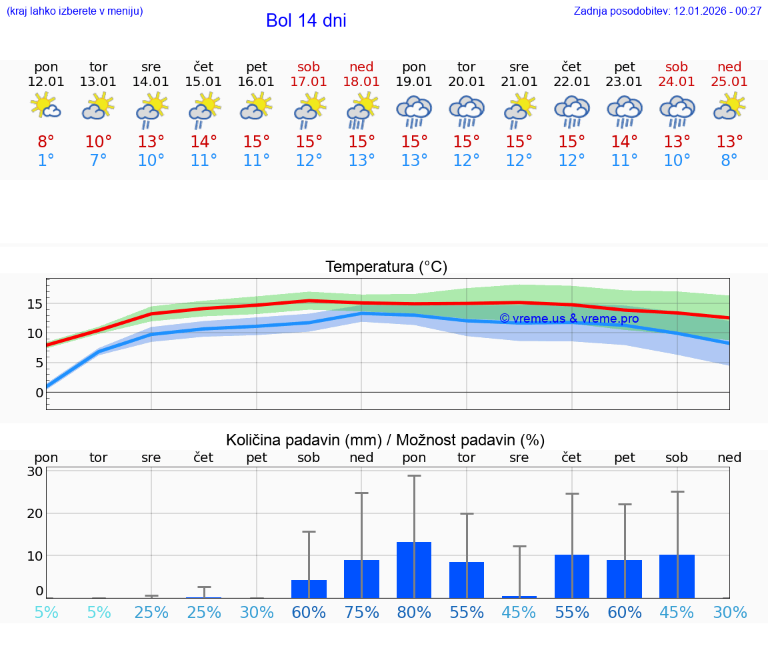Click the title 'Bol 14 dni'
[306, 21]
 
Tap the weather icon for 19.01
[414, 111]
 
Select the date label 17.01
[309, 81]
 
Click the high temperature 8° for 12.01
[46, 141]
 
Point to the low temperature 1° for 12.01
[46, 160]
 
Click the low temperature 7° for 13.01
[99, 160]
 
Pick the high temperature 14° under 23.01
[625, 141]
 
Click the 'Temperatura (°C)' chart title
[386, 267]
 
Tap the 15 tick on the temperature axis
[35, 304]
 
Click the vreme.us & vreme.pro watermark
[569, 319]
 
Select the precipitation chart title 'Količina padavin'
[385, 440]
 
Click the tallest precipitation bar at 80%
[414, 570]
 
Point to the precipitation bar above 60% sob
[309, 589]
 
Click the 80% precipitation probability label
[414, 612]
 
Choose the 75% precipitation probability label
[361, 612]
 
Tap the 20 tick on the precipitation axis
[35, 513]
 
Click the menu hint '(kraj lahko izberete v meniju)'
[75, 11]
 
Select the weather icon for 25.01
[729, 107]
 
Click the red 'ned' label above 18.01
[361, 67]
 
